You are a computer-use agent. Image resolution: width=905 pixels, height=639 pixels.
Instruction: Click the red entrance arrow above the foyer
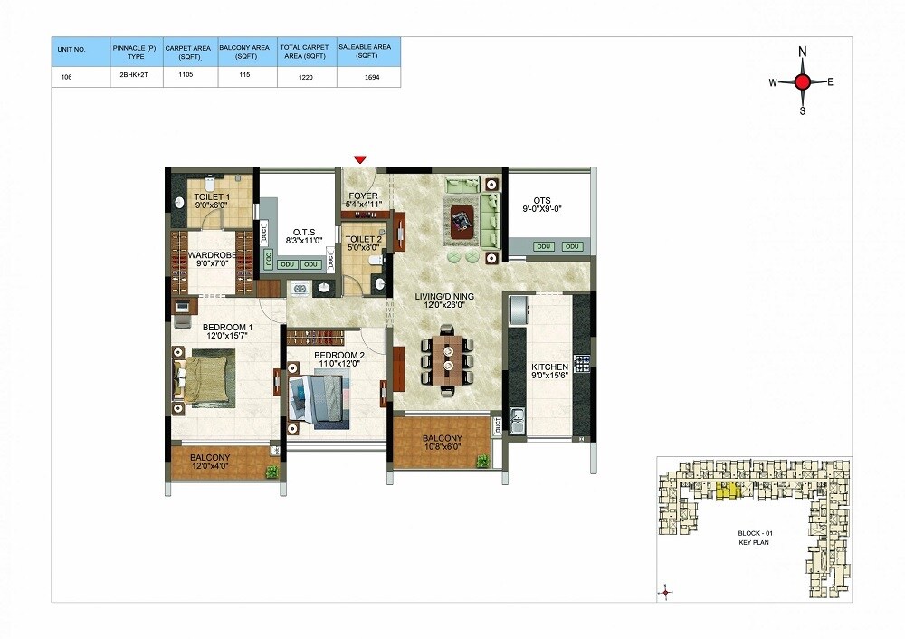pyautogui.click(x=360, y=160)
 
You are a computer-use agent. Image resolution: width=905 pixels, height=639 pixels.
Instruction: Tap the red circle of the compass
pyautogui.click(x=802, y=82)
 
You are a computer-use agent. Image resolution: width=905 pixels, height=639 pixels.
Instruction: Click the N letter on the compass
pyautogui.click(x=802, y=52)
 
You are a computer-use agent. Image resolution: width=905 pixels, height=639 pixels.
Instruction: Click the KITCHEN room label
pyautogui.click(x=550, y=367)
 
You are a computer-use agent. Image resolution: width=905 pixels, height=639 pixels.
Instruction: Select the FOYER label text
pyautogui.click(x=364, y=196)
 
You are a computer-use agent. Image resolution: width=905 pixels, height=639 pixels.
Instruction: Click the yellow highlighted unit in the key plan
pyautogui.click(x=727, y=491)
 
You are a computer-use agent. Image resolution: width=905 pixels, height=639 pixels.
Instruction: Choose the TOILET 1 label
pyautogui.click(x=212, y=196)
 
